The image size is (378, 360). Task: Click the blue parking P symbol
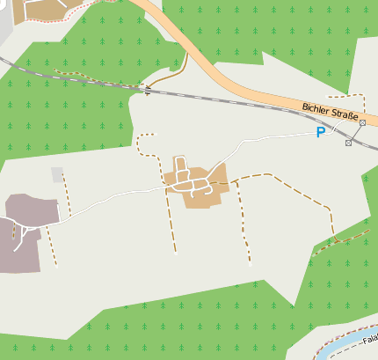click(x=321, y=133)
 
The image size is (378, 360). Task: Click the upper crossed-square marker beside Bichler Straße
click(x=362, y=123)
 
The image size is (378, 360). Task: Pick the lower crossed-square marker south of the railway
click(x=348, y=143)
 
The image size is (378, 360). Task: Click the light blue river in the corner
click(x=347, y=346)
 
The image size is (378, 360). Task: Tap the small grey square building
click(x=58, y=174)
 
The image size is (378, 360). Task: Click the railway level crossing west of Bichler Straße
click(x=147, y=89)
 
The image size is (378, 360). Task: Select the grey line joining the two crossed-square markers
click(x=355, y=133)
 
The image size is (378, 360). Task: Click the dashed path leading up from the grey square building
click(x=67, y=189)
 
